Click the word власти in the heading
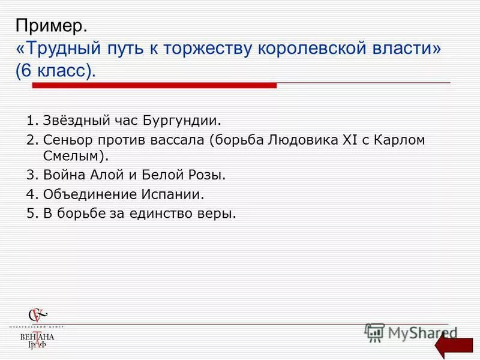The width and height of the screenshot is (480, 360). pyautogui.click(x=404, y=49)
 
